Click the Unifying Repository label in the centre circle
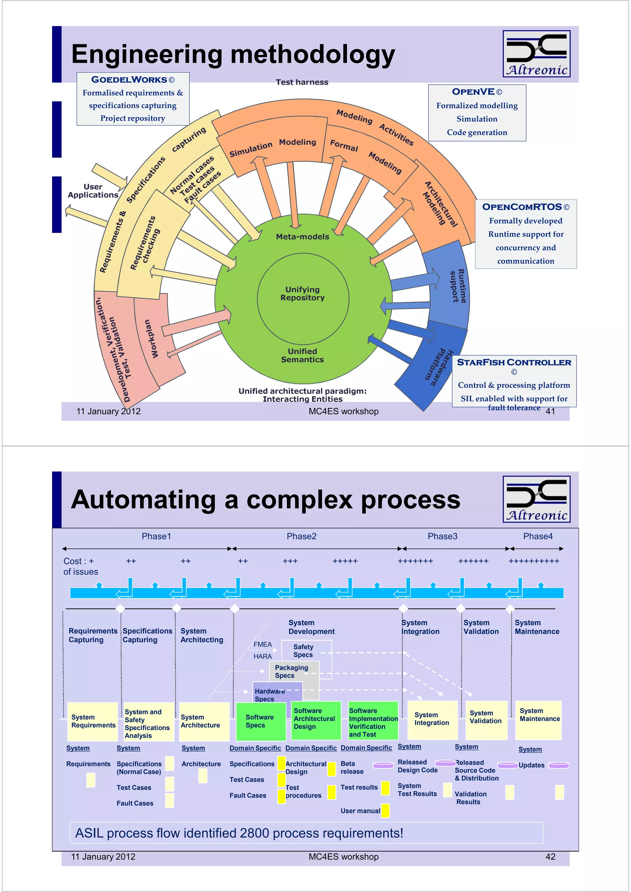coord(303,294)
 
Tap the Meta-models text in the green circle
coord(303,237)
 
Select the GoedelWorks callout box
coord(133,99)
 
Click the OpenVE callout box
coord(477,113)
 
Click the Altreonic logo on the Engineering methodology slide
coord(536,54)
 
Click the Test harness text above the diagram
coord(302,82)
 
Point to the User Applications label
coord(93,191)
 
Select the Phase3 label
coord(442,536)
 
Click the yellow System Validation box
coord(486,720)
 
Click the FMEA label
coord(263,644)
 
